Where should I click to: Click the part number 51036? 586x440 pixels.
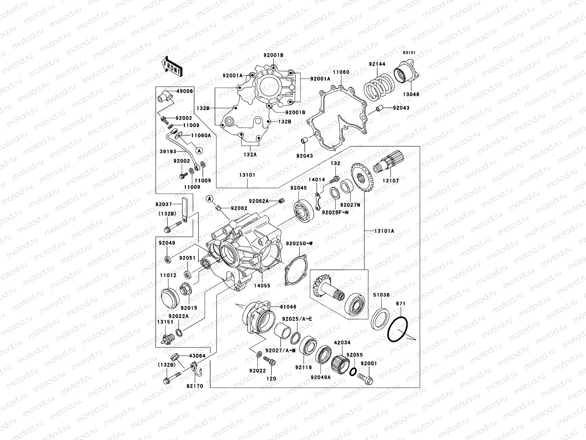(381, 295)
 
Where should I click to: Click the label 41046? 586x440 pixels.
(288, 307)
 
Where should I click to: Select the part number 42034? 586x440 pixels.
(342, 343)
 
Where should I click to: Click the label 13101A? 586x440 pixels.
(384, 231)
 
